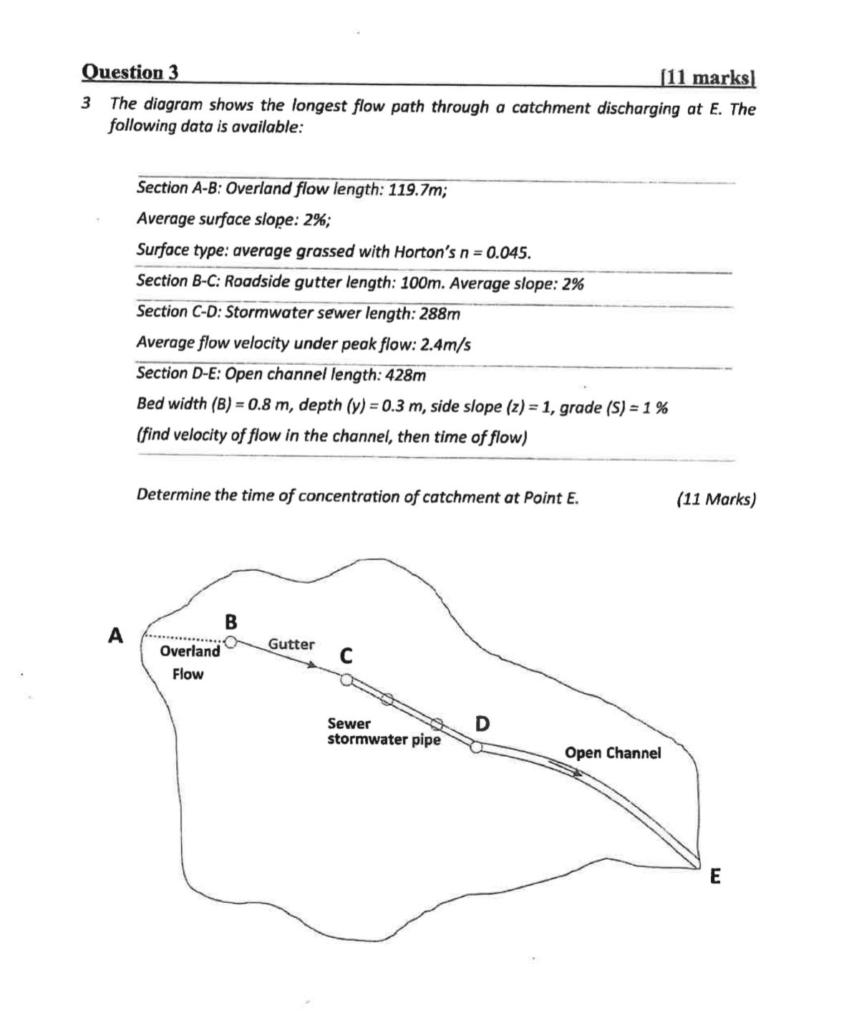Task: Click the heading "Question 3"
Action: [130, 72]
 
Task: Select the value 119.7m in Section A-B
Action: [417, 191]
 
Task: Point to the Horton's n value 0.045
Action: [508, 253]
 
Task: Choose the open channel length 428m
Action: [406, 376]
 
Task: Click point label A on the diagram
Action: [115, 635]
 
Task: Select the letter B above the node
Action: [231, 622]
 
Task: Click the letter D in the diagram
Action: [482, 724]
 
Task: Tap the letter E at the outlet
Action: [714, 876]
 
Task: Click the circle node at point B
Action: [231, 642]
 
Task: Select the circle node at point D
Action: [476, 747]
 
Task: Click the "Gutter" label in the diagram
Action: [291, 644]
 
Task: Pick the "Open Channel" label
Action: [613, 753]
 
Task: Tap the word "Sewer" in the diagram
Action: [349, 724]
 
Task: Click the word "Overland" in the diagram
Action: [190, 651]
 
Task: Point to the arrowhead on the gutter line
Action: [312, 665]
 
